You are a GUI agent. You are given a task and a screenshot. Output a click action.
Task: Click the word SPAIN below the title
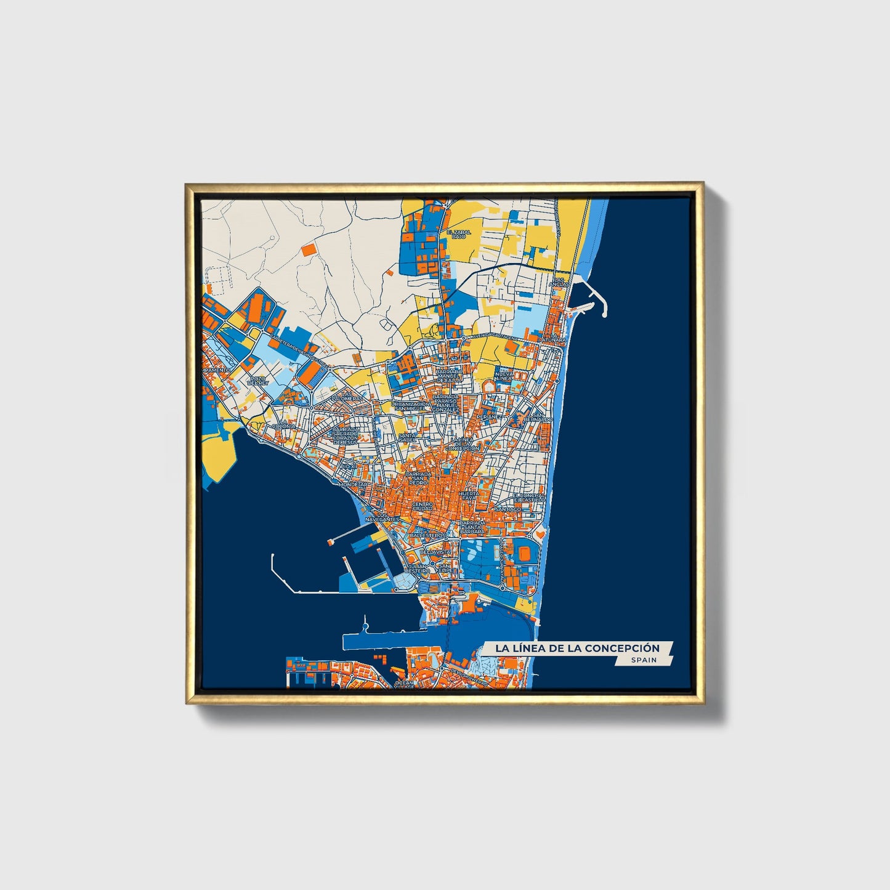pos(644,660)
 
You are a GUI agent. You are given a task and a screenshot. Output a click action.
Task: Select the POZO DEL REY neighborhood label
pos(258,381)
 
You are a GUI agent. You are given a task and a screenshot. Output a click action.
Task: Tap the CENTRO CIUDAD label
pos(422,506)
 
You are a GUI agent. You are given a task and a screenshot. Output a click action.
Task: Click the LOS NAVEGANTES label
pos(382,517)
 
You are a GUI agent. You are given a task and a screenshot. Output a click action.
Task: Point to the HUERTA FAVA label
pos(469,496)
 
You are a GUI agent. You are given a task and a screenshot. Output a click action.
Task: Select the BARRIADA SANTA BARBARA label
pos(472,527)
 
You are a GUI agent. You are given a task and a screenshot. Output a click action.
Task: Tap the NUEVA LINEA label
pos(504,375)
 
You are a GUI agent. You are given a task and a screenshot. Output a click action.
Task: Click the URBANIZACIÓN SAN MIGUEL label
pos(410,406)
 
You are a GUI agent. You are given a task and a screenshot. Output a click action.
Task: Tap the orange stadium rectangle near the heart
pos(524,554)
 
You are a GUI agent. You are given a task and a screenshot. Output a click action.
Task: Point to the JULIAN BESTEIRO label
pos(417,568)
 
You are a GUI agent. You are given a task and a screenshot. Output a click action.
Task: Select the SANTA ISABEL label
pos(407,438)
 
